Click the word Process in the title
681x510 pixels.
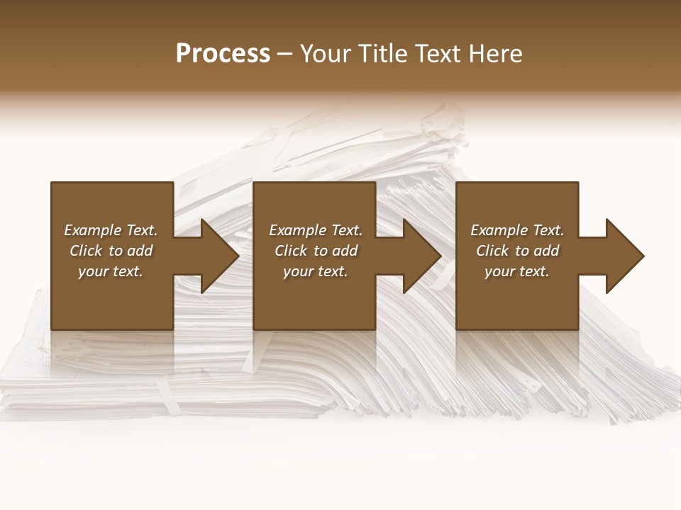(223, 54)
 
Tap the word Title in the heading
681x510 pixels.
(381, 54)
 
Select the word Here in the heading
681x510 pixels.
(496, 54)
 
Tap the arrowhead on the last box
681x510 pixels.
(624, 256)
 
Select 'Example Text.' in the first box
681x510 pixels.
(111, 230)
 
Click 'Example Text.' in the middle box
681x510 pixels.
(316, 230)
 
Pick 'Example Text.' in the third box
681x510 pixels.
(517, 230)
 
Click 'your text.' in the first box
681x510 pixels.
(111, 271)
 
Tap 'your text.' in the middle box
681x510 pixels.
(316, 271)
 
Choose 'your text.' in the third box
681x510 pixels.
(517, 271)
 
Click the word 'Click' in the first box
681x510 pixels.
(86, 251)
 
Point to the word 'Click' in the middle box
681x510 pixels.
(291, 251)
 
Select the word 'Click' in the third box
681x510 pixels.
(492, 251)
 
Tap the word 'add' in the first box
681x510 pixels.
(140, 251)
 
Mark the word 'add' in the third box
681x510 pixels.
(546, 251)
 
